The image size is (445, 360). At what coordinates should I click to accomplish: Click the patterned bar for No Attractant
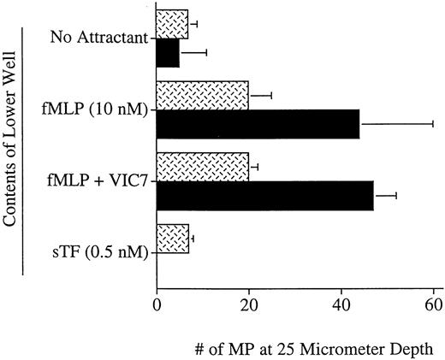point(172,24)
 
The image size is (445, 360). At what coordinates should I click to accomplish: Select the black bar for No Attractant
point(168,53)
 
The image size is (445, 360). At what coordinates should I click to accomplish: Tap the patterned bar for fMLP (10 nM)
point(202,96)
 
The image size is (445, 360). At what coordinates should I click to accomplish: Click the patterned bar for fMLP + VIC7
point(202,168)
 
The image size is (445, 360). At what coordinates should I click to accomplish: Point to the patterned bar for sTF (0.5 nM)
point(173,239)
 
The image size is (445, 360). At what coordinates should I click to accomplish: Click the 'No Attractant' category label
point(100,38)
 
